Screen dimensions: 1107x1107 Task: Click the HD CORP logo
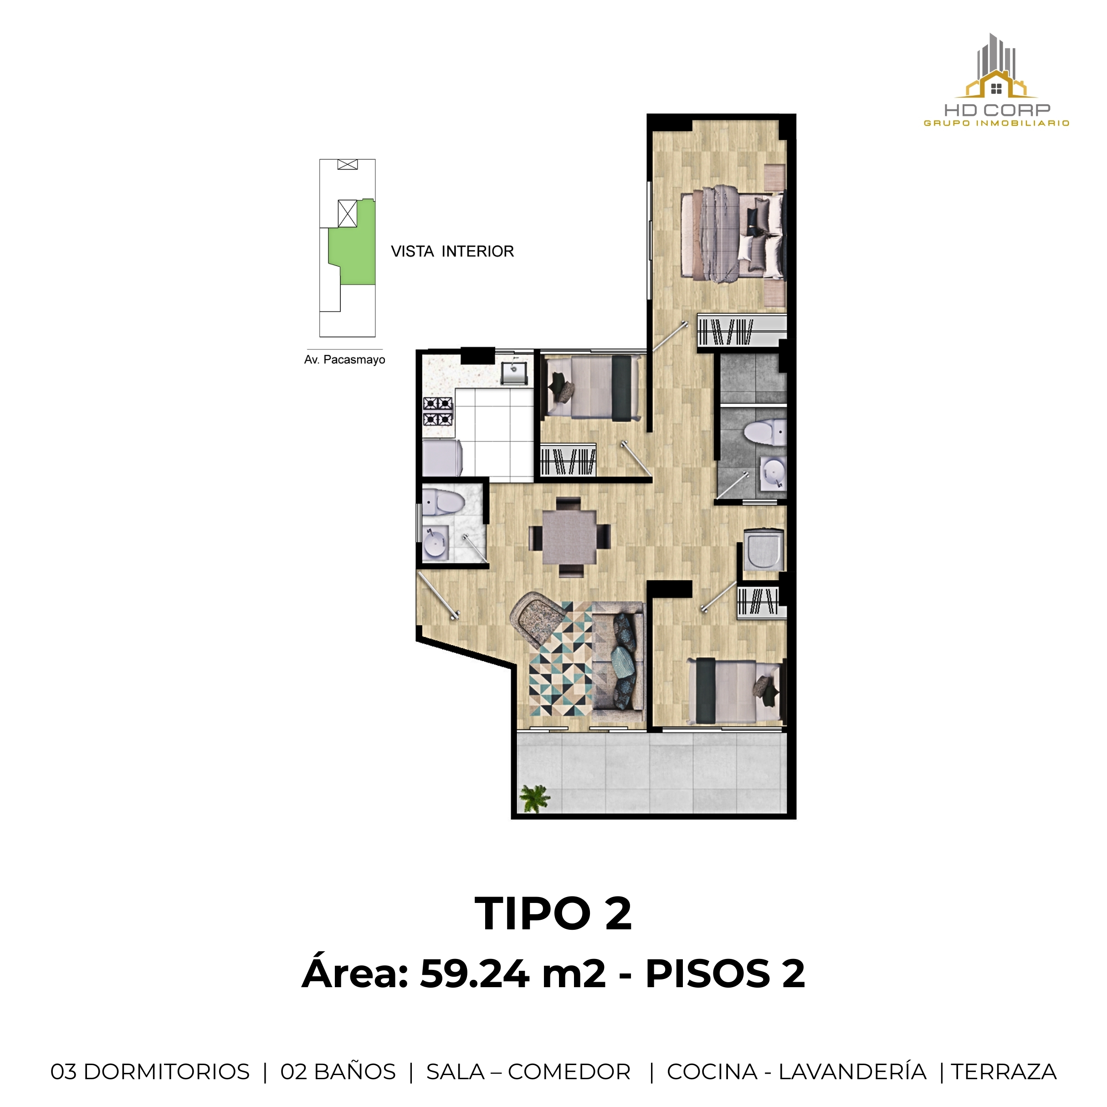tap(996, 80)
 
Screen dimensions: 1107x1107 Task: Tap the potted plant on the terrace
tap(534, 798)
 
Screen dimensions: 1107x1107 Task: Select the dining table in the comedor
tap(569, 537)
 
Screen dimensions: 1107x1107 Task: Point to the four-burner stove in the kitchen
tap(438, 411)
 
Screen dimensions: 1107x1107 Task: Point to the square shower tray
tap(764, 549)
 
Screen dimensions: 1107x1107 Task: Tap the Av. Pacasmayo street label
tap(344, 360)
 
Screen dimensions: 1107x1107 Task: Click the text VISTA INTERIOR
tap(452, 251)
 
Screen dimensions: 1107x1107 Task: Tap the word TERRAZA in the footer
tap(1004, 1071)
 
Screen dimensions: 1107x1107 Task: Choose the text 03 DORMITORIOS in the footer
tap(150, 1071)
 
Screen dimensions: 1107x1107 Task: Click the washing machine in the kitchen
tap(441, 457)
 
